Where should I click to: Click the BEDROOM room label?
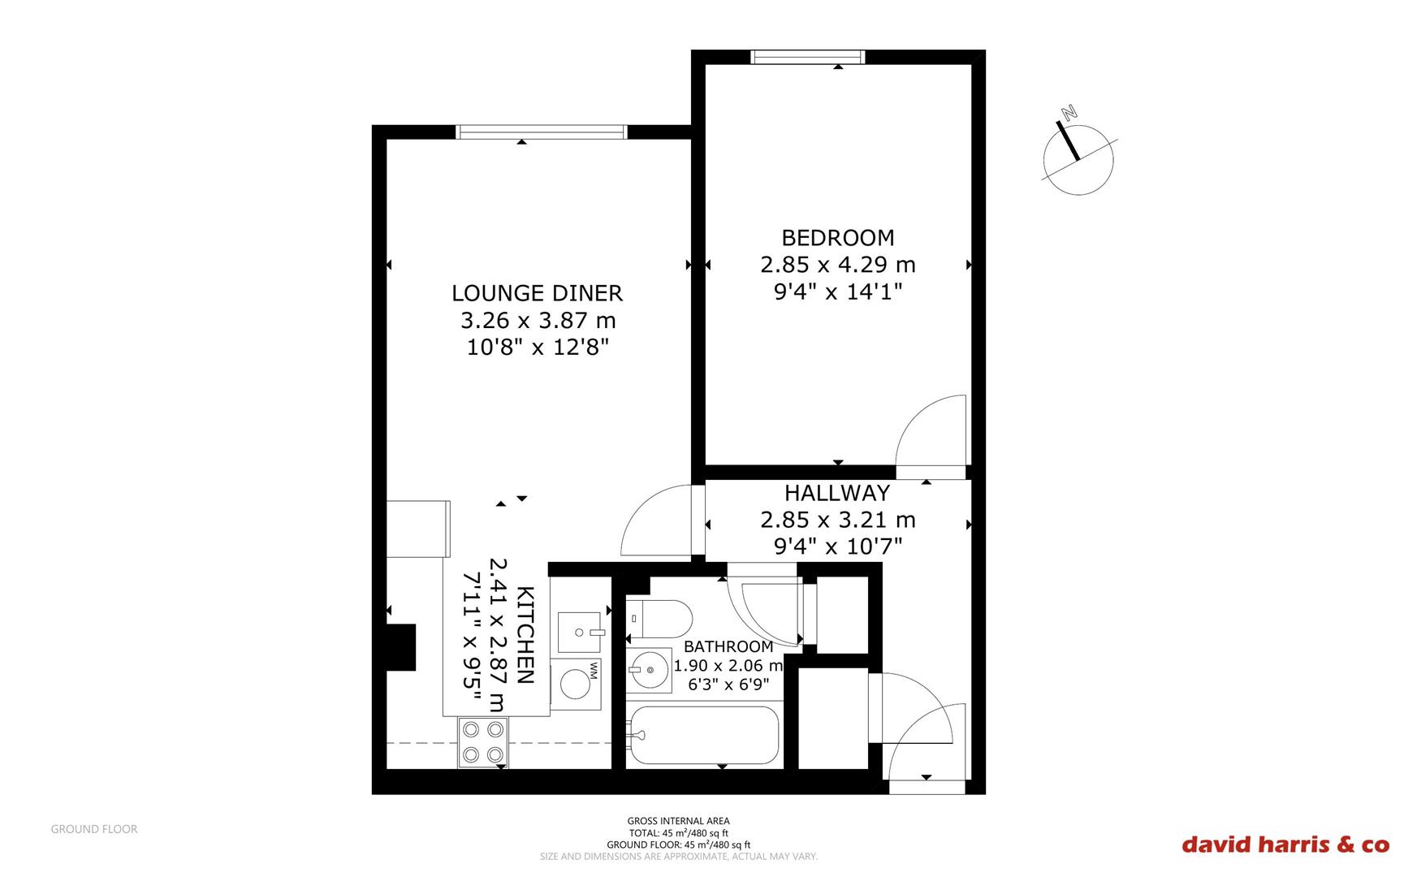point(838,238)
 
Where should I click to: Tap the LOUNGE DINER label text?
point(537,293)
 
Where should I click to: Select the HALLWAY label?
point(837,493)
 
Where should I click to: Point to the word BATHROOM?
point(728,647)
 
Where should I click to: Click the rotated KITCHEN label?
point(525,635)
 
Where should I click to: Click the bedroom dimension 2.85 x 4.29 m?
point(838,265)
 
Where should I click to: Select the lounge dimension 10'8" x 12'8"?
point(538,348)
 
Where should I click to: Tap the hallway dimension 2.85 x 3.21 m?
point(838,520)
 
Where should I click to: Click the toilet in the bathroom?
point(659,618)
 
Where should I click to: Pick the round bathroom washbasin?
point(649,670)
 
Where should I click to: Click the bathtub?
point(704,736)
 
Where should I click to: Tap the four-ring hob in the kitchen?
point(482,742)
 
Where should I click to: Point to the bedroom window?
point(808,57)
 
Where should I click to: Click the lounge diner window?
point(542,132)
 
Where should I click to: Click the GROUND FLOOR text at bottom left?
point(94,829)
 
